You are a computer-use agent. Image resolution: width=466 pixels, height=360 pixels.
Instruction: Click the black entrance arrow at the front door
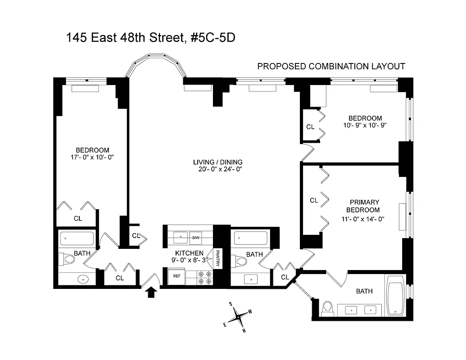tap(151, 293)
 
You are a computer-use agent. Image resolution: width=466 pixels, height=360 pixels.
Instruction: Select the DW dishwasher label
tap(195, 237)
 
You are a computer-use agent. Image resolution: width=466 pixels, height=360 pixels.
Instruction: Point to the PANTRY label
tap(217, 259)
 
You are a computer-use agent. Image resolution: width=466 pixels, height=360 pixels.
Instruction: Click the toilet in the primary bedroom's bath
tap(327, 308)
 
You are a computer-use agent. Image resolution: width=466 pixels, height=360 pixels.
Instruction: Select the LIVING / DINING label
tap(218, 162)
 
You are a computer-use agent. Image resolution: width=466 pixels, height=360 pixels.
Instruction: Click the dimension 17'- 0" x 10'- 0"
tap(92, 158)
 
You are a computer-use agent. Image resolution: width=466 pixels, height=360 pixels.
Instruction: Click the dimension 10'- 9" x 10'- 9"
tap(365, 126)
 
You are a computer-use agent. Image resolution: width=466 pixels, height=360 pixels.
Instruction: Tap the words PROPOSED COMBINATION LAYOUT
tap(331, 67)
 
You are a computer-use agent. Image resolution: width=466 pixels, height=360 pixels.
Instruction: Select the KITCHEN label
tap(190, 253)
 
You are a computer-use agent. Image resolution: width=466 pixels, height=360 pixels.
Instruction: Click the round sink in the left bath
tap(83, 279)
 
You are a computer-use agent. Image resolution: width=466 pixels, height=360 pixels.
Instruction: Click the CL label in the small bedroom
tap(310, 127)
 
